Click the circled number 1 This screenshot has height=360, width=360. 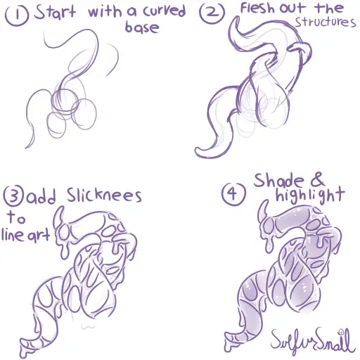[x=17, y=15]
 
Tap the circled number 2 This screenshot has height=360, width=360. [x=212, y=13]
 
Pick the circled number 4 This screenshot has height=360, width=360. [x=233, y=193]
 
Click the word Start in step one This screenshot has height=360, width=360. [x=55, y=12]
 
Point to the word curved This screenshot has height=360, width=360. [x=165, y=11]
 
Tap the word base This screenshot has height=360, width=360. [x=142, y=27]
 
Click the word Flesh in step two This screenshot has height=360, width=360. [x=257, y=8]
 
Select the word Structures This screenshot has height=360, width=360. [x=326, y=22]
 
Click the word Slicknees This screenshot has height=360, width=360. [x=104, y=195]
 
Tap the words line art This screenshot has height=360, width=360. [x=26, y=235]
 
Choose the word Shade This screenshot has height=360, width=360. [x=279, y=181]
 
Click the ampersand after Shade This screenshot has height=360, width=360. [x=317, y=179]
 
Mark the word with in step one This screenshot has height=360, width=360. [x=105, y=13]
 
